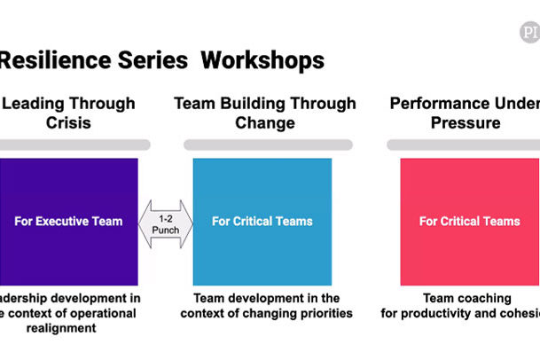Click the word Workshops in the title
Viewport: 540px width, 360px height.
(262, 60)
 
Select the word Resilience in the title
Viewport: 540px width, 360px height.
(51, 60)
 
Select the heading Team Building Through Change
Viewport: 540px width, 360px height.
(265, 113)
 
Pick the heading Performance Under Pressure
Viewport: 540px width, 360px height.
(466, 113)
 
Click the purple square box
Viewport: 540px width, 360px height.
(68, 221)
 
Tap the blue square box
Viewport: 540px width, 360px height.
(262, 221)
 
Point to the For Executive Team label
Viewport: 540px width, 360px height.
(68, 221)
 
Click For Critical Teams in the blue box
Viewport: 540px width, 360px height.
(262, 221)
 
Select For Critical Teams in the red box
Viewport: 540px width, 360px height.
(470, 221)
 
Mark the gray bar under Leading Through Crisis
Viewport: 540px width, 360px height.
(74, 145)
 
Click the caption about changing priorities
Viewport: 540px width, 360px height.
(267, 306)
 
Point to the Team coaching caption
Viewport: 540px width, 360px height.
(470, 306)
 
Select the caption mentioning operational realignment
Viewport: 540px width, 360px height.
(67, 313)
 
